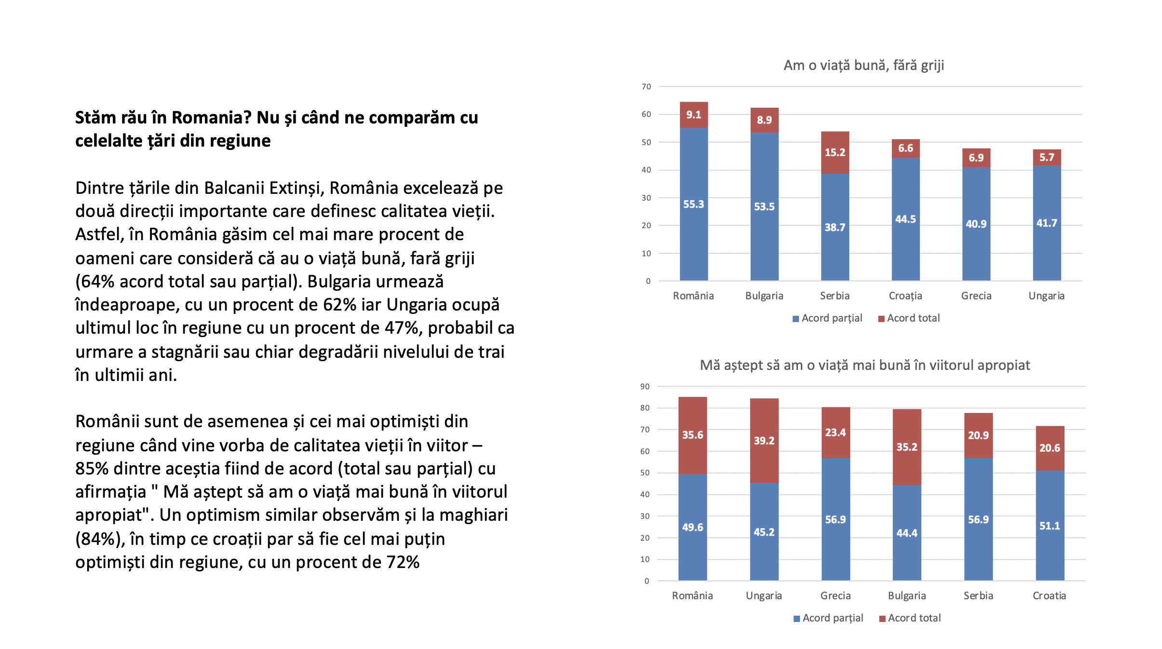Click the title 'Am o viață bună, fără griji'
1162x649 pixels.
point(864,65)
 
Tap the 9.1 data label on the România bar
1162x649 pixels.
point(693,115)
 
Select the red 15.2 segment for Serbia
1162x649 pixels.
point(835,152)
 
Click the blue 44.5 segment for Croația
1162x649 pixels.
point(905,219)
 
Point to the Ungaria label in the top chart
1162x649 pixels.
point(1046,296)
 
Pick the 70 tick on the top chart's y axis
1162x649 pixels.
point(646,87)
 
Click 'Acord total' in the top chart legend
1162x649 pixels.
point(913,318)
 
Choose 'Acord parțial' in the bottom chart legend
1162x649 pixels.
point(833,618)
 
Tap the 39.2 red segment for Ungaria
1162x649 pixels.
point(764,441)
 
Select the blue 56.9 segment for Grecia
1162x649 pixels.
point(836,519)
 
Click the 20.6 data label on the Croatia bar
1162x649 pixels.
point(1050,448)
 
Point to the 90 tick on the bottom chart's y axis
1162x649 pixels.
point(645,387)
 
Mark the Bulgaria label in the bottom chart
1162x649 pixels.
point(907,595)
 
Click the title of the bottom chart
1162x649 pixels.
point(865,365)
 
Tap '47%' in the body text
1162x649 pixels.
point(404,328)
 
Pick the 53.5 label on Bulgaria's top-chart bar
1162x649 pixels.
point(764,207)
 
